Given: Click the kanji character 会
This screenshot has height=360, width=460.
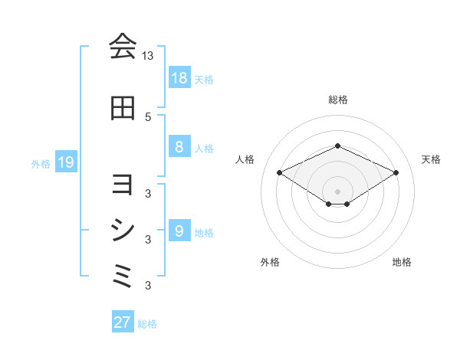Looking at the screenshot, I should pos(123,47).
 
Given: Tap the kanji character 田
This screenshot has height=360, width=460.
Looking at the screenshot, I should pos(123,109).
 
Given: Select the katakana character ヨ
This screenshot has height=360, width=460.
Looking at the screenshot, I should pos(123,185).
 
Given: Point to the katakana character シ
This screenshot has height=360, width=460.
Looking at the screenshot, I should pos(123,230).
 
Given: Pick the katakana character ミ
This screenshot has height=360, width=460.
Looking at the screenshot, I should pos(123,275).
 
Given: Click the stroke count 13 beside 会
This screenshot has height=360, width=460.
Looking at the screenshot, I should pos(148,56).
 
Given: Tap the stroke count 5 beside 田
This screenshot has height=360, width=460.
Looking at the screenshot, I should pos(148,116).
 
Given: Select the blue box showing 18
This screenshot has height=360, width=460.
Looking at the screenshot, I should pos(179,77).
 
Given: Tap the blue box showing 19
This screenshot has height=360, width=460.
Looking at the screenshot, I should pos(65,162).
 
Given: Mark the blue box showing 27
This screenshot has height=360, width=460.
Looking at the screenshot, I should pos(123,322).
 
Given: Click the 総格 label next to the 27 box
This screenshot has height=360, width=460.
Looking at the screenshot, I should pos(147,324).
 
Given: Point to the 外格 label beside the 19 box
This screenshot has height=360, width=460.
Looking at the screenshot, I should pos(40,162).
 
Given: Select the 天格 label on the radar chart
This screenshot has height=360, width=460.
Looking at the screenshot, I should pos(432,159).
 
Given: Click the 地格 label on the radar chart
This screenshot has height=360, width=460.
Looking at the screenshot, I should pos(402,262).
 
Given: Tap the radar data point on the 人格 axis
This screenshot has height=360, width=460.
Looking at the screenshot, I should pos(279,172).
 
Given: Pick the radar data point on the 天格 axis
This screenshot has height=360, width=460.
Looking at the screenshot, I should pos(396,172).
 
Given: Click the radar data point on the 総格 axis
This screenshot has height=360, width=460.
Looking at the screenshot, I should pos(337,146).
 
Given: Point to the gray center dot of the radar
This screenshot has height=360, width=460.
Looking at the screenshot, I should pos(337,191).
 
